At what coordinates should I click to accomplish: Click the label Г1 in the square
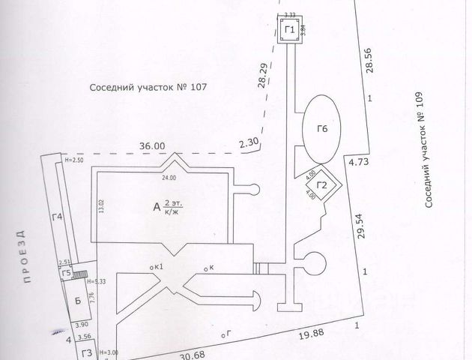click(290, 29)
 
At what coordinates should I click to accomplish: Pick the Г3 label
click(86, 352)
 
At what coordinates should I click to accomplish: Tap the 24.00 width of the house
click(167, 178)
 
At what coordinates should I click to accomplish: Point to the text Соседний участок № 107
click(148, 88)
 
